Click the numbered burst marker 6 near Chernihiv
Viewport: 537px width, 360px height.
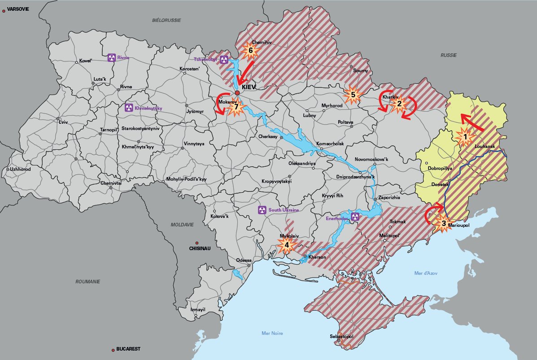tap(251, 51)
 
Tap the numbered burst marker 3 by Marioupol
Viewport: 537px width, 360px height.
tap(444, 223)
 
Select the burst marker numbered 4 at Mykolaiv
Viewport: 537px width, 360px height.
tap(287, 245)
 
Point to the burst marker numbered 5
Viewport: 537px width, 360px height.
tap(353, 95)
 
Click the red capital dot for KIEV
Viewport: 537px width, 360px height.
tap(237, 93)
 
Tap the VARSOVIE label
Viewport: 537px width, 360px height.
tap(17, 9)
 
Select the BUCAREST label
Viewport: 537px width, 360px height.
tap(128, 349)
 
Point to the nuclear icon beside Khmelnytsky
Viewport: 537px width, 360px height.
tap(129, 108)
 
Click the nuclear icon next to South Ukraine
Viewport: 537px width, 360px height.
tap(262, 209)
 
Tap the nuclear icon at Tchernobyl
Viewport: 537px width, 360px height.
tap(224, 60)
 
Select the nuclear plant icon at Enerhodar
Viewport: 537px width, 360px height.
tap(355, 217)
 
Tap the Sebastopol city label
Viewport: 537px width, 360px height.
tap(342, 336)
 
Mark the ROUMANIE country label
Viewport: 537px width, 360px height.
tap(87, 282)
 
